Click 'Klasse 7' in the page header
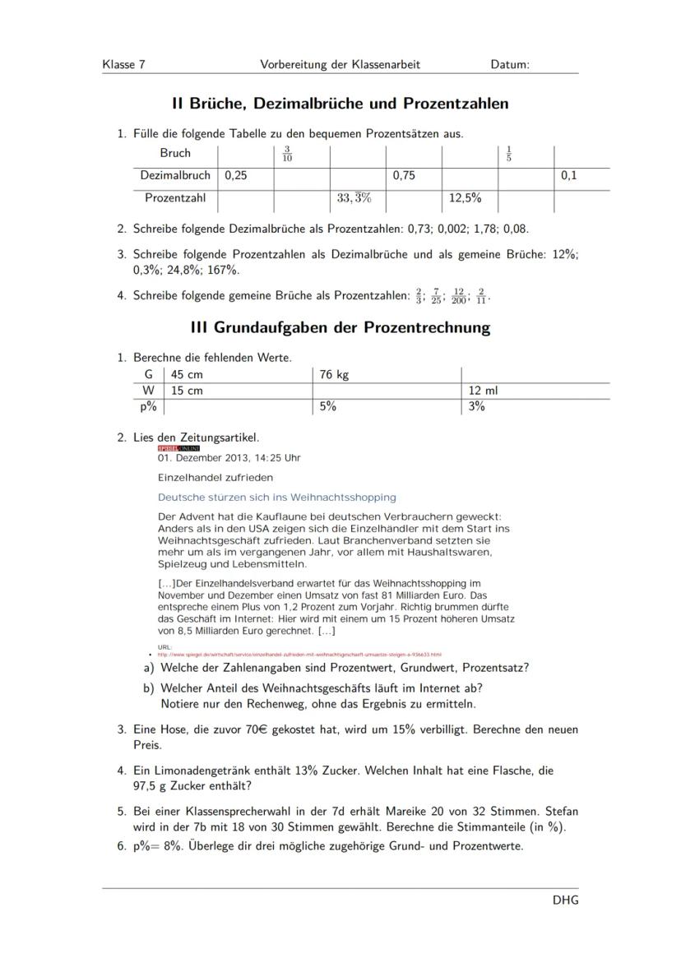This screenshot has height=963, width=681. (124, 64)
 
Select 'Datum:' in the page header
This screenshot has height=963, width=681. (510, 64)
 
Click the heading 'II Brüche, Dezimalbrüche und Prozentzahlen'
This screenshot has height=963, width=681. (340, 104)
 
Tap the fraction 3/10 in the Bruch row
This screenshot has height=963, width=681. (287, 154)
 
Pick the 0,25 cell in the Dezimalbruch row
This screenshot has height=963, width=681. (236, 175)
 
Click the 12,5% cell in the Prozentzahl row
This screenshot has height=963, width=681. (466, 198)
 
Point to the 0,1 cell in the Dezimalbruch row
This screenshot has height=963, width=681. (569, 175)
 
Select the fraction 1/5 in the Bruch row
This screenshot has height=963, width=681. (509, 154)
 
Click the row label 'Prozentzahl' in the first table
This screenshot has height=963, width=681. (175, 198)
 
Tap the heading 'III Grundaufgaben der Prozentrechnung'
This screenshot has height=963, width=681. (340, 327)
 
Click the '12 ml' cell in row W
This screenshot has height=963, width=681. (484, 391)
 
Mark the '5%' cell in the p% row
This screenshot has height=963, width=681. (328, 406)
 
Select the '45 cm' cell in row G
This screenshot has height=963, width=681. (187, 375)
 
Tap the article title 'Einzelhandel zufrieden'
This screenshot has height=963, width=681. (215, 477)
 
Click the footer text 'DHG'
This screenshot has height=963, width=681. (565, 900)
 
